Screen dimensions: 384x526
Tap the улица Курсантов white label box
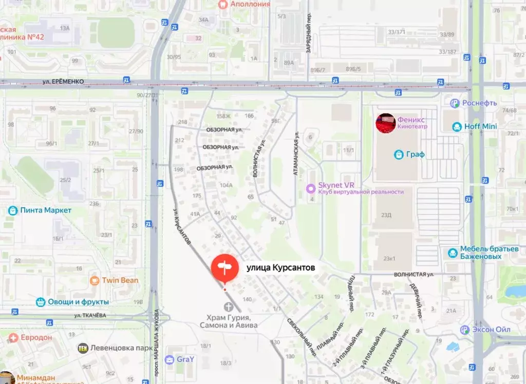[280, 267]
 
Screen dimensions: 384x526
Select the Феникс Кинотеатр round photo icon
[385, 123]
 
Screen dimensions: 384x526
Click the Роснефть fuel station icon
[454, 103]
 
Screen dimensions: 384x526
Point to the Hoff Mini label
[481, 127]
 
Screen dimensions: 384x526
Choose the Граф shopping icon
[399, 154]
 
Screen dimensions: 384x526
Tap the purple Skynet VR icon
[310, 188]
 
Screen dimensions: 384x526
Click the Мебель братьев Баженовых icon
[453, 253]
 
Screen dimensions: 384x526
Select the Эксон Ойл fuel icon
[465, 330]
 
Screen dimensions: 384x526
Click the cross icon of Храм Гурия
[228, 307]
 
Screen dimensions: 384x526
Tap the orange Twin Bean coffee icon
[95, 280]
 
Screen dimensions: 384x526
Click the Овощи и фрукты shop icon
[41, 302]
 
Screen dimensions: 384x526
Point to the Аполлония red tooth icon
[223, 4]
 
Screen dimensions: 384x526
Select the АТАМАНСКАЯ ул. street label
[296, 154]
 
